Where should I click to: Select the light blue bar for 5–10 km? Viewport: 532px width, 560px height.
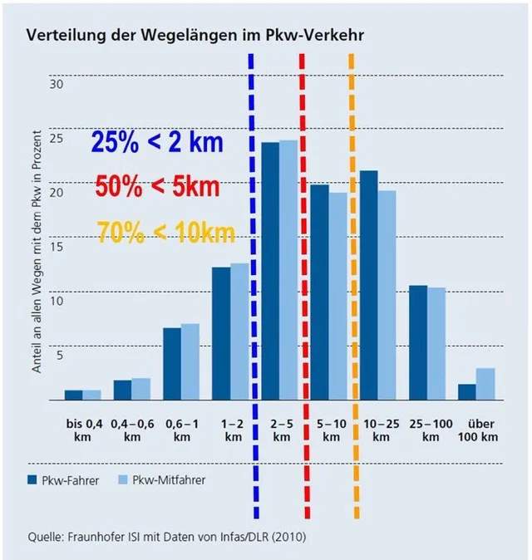tap(338, 296)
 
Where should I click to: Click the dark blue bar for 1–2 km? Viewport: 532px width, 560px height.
tap(220, 333)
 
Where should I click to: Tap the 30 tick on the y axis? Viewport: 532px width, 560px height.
tap(56, 85)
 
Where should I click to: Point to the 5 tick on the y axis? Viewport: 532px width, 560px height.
tap(59, 356)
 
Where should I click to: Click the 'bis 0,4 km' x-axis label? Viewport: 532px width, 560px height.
tap(81, 430)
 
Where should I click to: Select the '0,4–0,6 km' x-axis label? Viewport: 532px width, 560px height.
tap(131, 430)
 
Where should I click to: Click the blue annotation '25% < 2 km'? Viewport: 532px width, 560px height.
tap(158, 142)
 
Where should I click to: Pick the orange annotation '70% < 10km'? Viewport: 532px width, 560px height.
tap(166, 230)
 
